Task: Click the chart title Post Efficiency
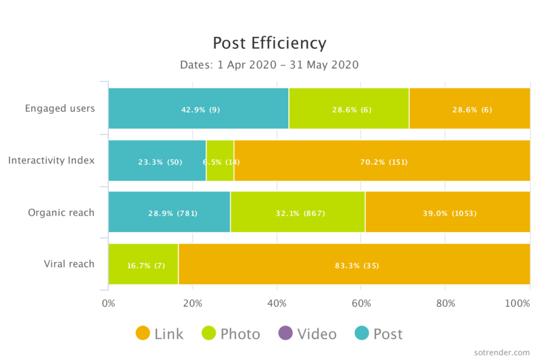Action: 269,43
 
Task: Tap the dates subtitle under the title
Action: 269,65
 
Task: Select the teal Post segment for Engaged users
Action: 198,109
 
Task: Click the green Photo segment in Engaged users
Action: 348,109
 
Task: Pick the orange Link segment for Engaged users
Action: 469,109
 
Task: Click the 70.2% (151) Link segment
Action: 382,161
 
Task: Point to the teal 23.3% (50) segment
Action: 157,161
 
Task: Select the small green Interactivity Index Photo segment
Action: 220,161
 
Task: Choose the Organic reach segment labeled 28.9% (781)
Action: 169,214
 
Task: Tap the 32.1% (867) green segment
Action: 298,214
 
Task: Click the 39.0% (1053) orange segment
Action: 448,214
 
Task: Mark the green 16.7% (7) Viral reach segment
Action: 143,265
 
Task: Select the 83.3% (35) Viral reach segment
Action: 354,265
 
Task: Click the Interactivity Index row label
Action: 51,161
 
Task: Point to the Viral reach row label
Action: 69,264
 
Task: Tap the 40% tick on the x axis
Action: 277,303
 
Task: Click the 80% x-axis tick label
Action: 446,303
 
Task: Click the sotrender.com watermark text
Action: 502,351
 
